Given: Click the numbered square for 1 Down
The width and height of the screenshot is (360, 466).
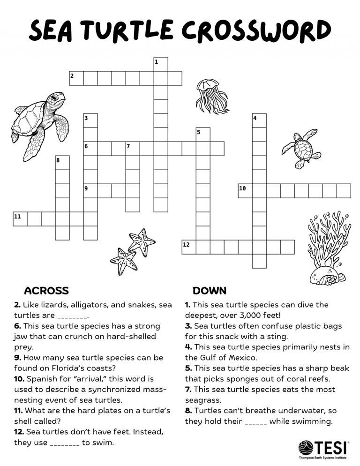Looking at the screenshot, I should [x=161, y=64].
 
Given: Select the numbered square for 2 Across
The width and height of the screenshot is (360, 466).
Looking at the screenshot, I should [x=76, y=78].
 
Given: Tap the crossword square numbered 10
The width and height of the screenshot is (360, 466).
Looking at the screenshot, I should [x=245, y=191].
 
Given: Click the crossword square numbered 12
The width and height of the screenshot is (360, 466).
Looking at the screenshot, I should [x=189, y=247].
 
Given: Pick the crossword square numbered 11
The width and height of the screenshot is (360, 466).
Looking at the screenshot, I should [x=20, y=219].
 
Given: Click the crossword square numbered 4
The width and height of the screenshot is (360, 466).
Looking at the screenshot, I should [x=259, y=120].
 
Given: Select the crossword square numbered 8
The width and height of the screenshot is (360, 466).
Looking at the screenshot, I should [x=62, y=163].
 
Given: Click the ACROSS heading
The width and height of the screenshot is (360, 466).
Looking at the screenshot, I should [x=46, y=291].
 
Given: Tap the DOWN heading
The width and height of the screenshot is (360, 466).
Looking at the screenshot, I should [x=210, y=291].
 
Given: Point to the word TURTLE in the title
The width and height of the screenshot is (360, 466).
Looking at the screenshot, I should [x=131, y=31].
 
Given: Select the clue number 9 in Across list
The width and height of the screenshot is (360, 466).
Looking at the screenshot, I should [x=17, y=358].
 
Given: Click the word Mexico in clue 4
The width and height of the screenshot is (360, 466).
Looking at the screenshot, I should [x=237, y=358].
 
